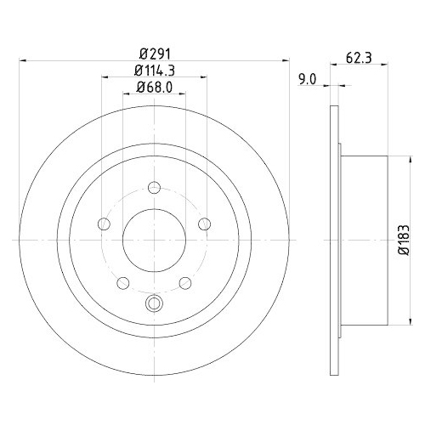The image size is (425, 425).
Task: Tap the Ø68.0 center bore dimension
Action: tap(154, 87)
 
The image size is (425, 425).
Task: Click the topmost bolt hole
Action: tap(154, 189)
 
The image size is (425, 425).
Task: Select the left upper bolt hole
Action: tap(105, 224)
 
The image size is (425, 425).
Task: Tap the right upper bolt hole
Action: tap(204, 224)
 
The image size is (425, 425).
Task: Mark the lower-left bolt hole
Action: tap(123, 282)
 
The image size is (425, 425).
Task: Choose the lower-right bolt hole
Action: tap(184, 282)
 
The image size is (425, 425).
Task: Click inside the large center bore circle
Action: tap(154, 241)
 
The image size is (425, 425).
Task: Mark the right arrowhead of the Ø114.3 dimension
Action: tap(205, 78)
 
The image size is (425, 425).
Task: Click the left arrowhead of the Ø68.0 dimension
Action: tap(126, 95)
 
